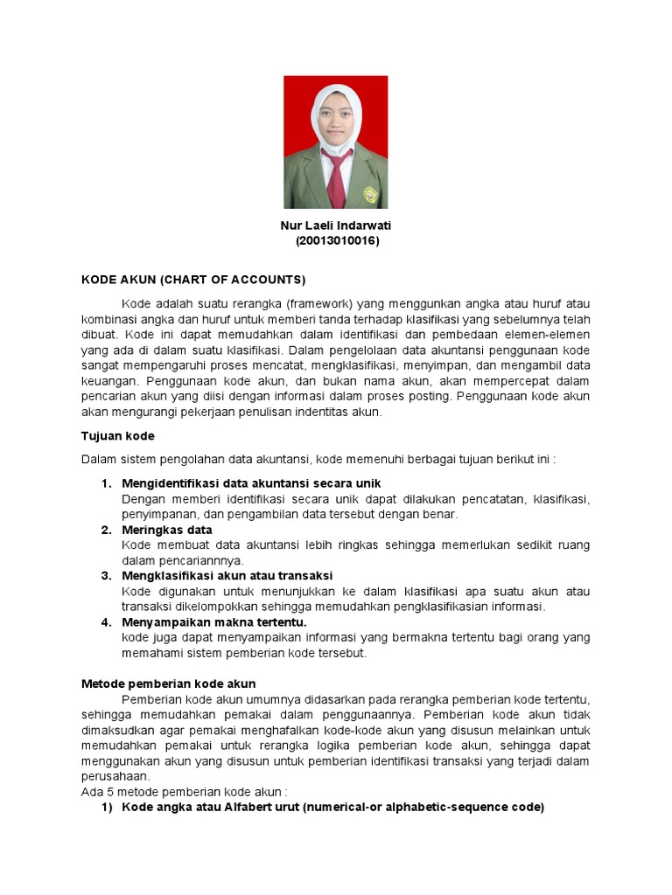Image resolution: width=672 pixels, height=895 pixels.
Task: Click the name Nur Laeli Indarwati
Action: point(335,225)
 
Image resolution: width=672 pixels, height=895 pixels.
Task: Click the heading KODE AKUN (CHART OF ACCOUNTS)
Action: point(193,280)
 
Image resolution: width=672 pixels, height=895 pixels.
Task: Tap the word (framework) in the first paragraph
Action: point(314,302)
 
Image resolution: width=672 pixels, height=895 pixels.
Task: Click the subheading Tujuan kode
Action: point(117,435)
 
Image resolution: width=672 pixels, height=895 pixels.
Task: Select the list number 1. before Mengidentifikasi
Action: point(107,483)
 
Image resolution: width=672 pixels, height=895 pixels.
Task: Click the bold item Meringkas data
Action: point(167,530)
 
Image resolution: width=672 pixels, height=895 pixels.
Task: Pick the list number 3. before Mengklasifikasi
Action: point(107,575)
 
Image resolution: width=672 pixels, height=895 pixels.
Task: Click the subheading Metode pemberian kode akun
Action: point(168,683)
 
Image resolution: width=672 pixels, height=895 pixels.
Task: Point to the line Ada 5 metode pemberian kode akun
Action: point(185,792)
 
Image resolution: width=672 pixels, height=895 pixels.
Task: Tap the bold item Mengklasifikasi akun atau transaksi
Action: point(227,575)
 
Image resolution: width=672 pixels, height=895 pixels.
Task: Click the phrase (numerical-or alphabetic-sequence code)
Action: point(423,807)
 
